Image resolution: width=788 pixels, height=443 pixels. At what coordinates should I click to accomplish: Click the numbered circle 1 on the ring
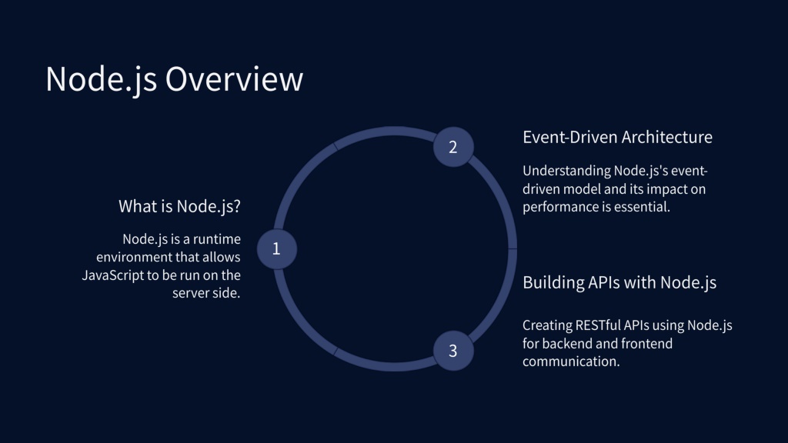[276, 248]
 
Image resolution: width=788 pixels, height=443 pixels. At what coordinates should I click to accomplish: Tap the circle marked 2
[452, 146]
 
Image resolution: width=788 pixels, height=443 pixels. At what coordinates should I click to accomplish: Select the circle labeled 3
[452, 351]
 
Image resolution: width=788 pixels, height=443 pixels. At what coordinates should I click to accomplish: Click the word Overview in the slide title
[234, 79]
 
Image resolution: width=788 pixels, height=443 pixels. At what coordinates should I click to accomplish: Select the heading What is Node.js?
[185, 206]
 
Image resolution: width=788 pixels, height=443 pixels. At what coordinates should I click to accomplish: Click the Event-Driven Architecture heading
[617, 137]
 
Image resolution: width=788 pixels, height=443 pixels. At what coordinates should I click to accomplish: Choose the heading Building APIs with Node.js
[619, 282]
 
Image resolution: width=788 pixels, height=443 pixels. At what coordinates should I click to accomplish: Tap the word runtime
[215, 238]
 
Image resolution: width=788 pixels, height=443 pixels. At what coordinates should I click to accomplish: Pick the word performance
[563, 207]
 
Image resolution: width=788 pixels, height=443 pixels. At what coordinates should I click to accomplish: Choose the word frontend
[644, 344]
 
